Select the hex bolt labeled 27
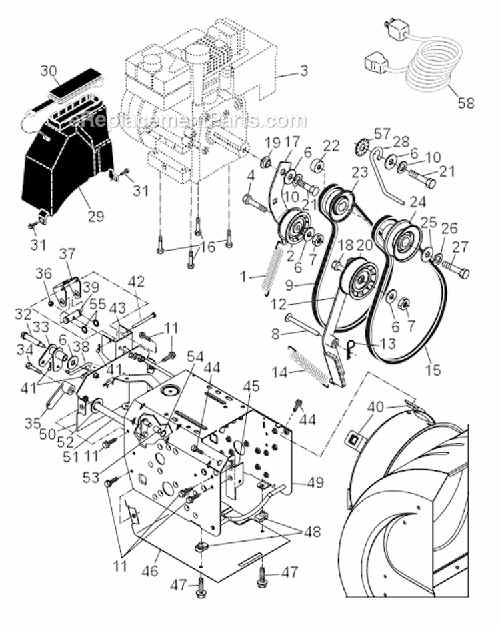[x=454, y=271]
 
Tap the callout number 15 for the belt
[x=433, y=369]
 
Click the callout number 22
[x=331, y=146]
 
